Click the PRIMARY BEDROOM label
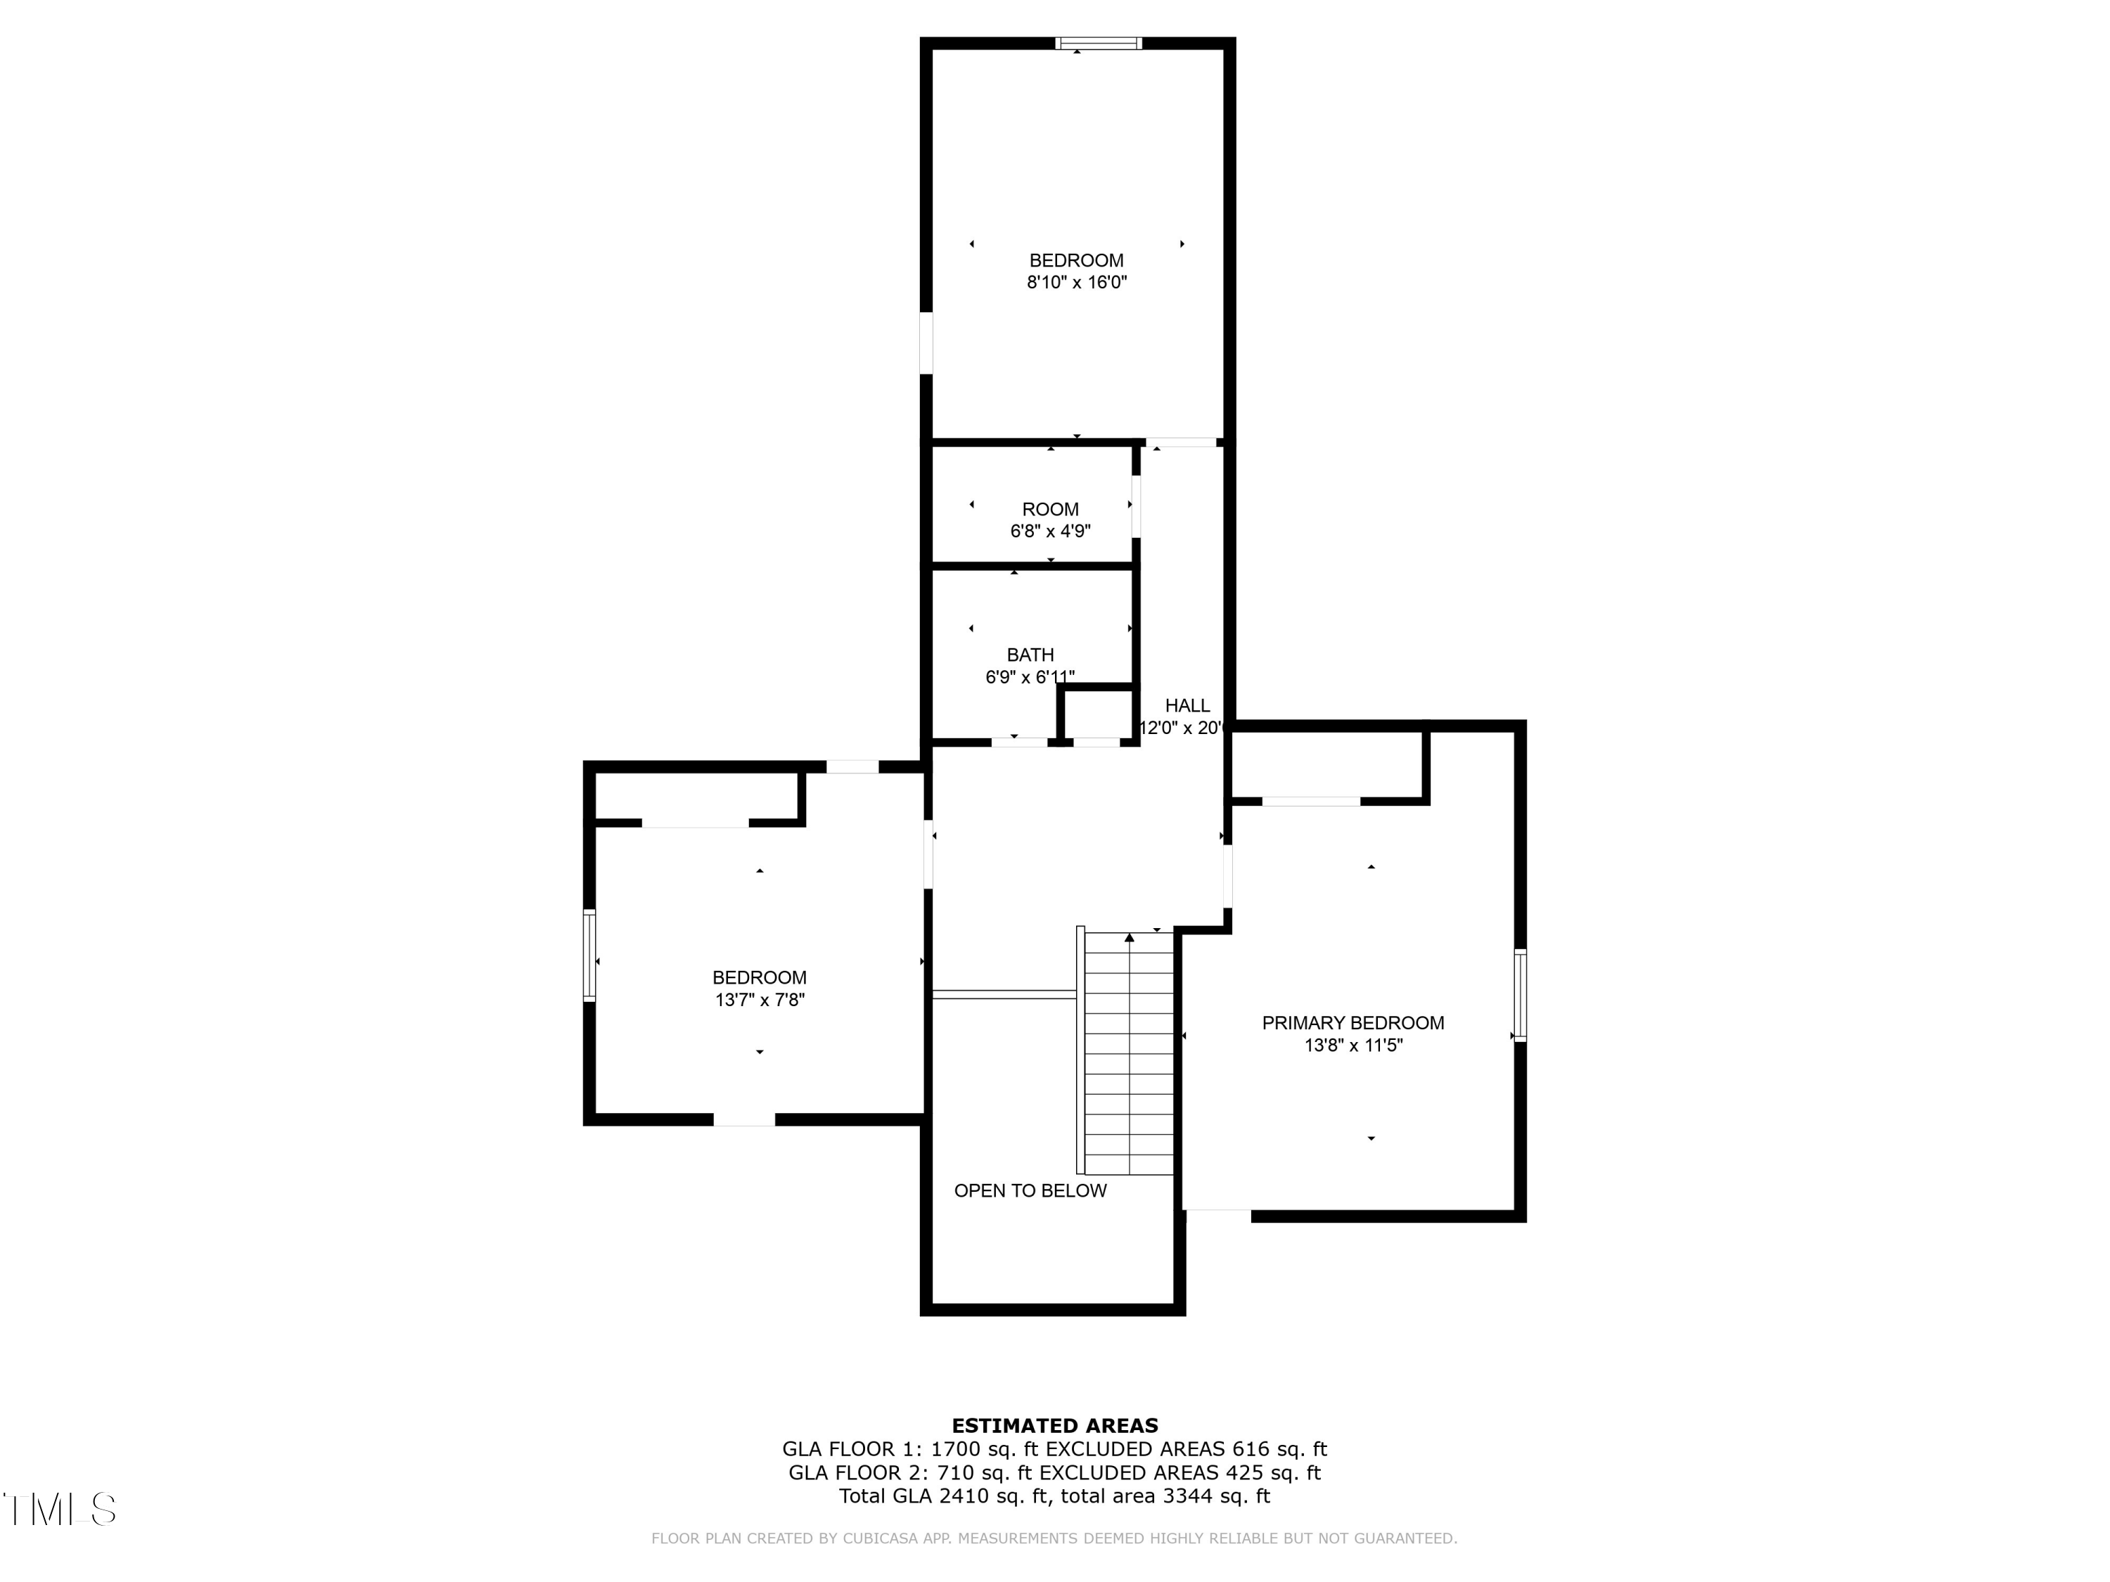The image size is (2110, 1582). tap(1353, 1023)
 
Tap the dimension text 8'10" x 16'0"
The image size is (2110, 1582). tap(1076, 282)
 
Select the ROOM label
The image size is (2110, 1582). tap(1050, 509)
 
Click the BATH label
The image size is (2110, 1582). tap(1030, 655)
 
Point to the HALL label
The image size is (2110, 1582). tap(1187, 706)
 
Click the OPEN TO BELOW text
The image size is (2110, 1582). tap(1030, 1190)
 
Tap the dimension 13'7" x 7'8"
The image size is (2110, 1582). tap(760, 1001)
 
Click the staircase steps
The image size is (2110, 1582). tap(1130, 1054)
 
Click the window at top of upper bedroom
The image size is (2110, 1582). tap(1098, 43)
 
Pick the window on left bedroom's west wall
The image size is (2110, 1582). tap(589, 956)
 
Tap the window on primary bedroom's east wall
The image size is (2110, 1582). tap(1521, 996)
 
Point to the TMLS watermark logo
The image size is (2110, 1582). tap(59, 1510)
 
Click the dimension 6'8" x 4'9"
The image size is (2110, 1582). tap(1050, 531)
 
